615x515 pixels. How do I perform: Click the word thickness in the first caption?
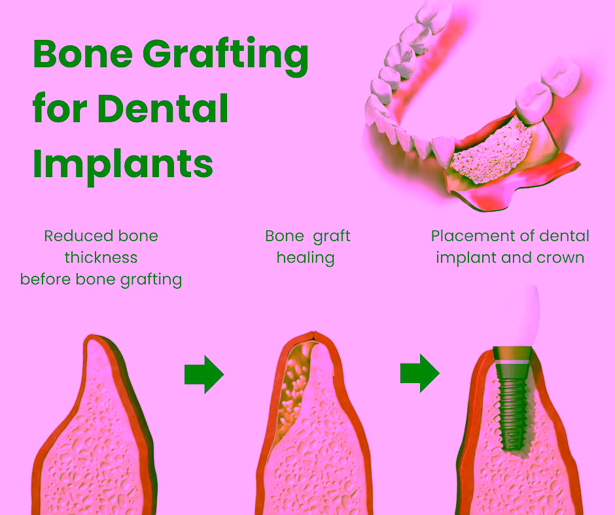(x=101, y=257)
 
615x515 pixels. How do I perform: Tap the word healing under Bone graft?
(x=306, y=257)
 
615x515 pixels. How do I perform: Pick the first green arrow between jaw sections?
(x=203, y=374)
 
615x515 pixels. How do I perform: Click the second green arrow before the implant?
(x=419, y=374)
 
